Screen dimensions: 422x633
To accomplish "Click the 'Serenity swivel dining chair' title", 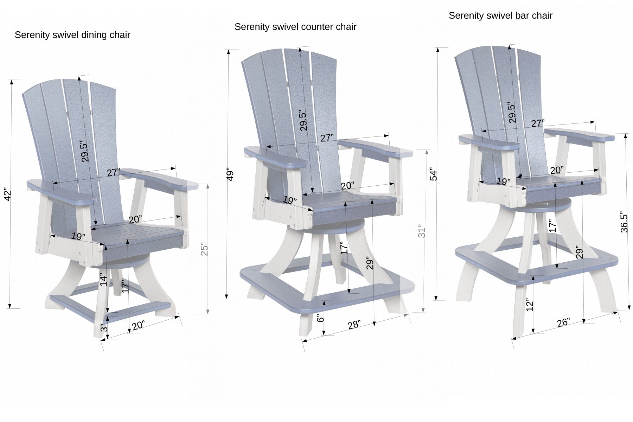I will (x=72, y=35).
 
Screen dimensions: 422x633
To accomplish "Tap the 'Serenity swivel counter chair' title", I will (x=295, y=27).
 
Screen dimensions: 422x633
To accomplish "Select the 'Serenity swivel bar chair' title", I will (x=500, y=15).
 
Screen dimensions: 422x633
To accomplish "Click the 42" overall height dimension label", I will (x=8, y=196).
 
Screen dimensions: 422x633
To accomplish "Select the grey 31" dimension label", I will (x=422, y=231).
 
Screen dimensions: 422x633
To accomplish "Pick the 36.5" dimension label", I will (x=624, y=222).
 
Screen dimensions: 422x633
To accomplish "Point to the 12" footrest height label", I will (x=530, y=306).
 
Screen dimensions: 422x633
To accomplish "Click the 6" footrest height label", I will (x=320, y=319).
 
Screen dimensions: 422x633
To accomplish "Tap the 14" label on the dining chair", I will (x=103, y=280).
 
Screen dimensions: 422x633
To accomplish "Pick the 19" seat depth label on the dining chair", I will (x=78, y=236).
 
